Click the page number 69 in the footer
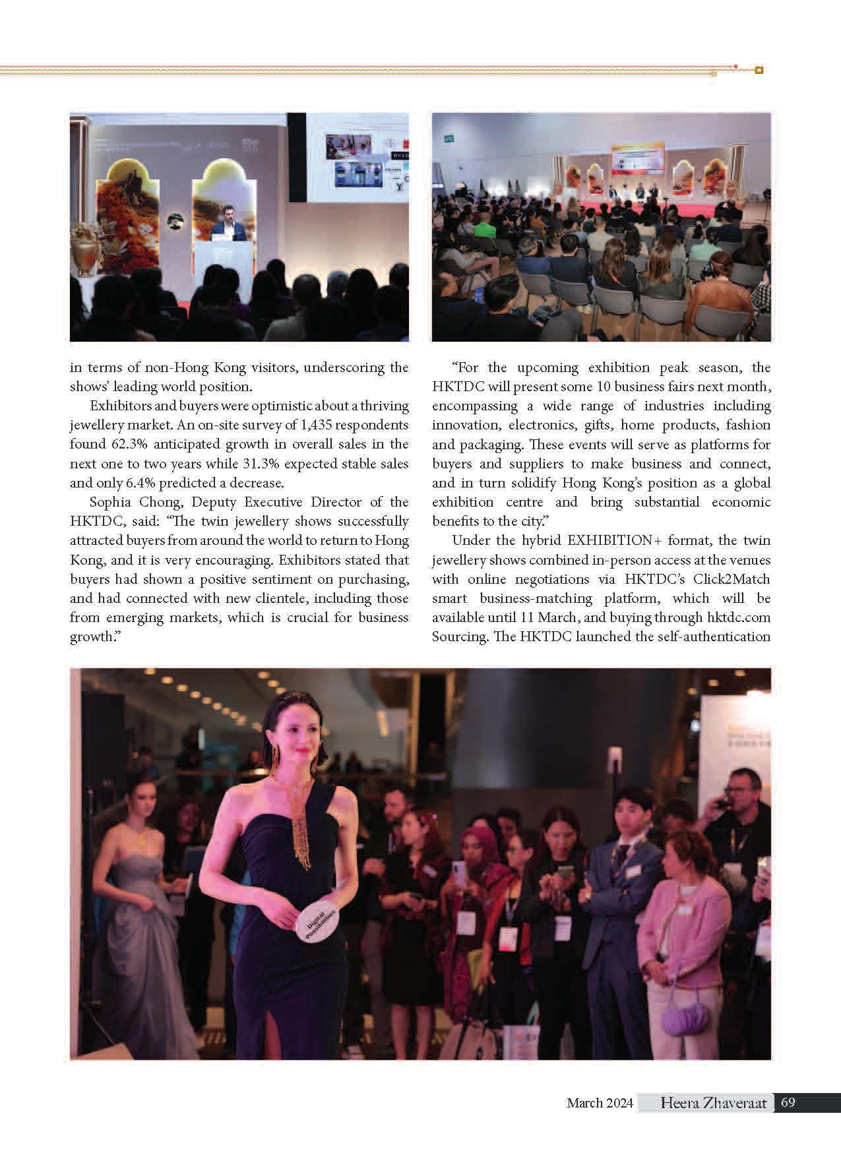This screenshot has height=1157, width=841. coord(788,1102)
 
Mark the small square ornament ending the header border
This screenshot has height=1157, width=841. coord(759,69)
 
